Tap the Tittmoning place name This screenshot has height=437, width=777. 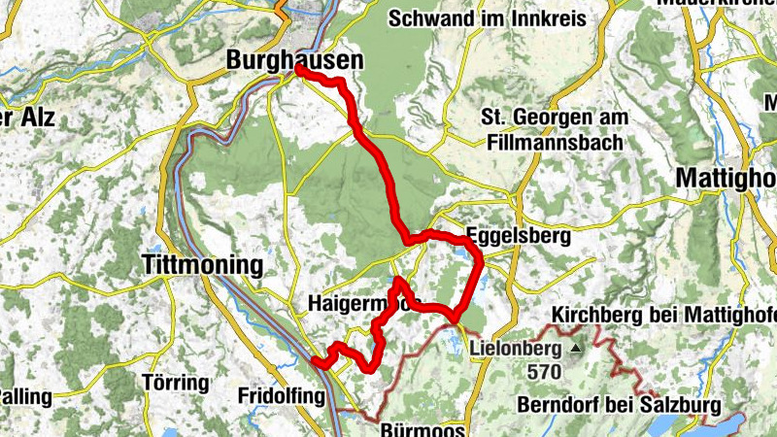point(202,264)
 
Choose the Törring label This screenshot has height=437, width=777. point(176,382)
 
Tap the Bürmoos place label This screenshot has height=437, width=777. point(423,427)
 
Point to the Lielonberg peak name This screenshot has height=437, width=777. point(516,348)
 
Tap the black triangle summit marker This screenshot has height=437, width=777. point(576,347)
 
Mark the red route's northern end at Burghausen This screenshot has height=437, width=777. point(298,71)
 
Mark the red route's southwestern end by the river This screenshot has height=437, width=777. point(315,363)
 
